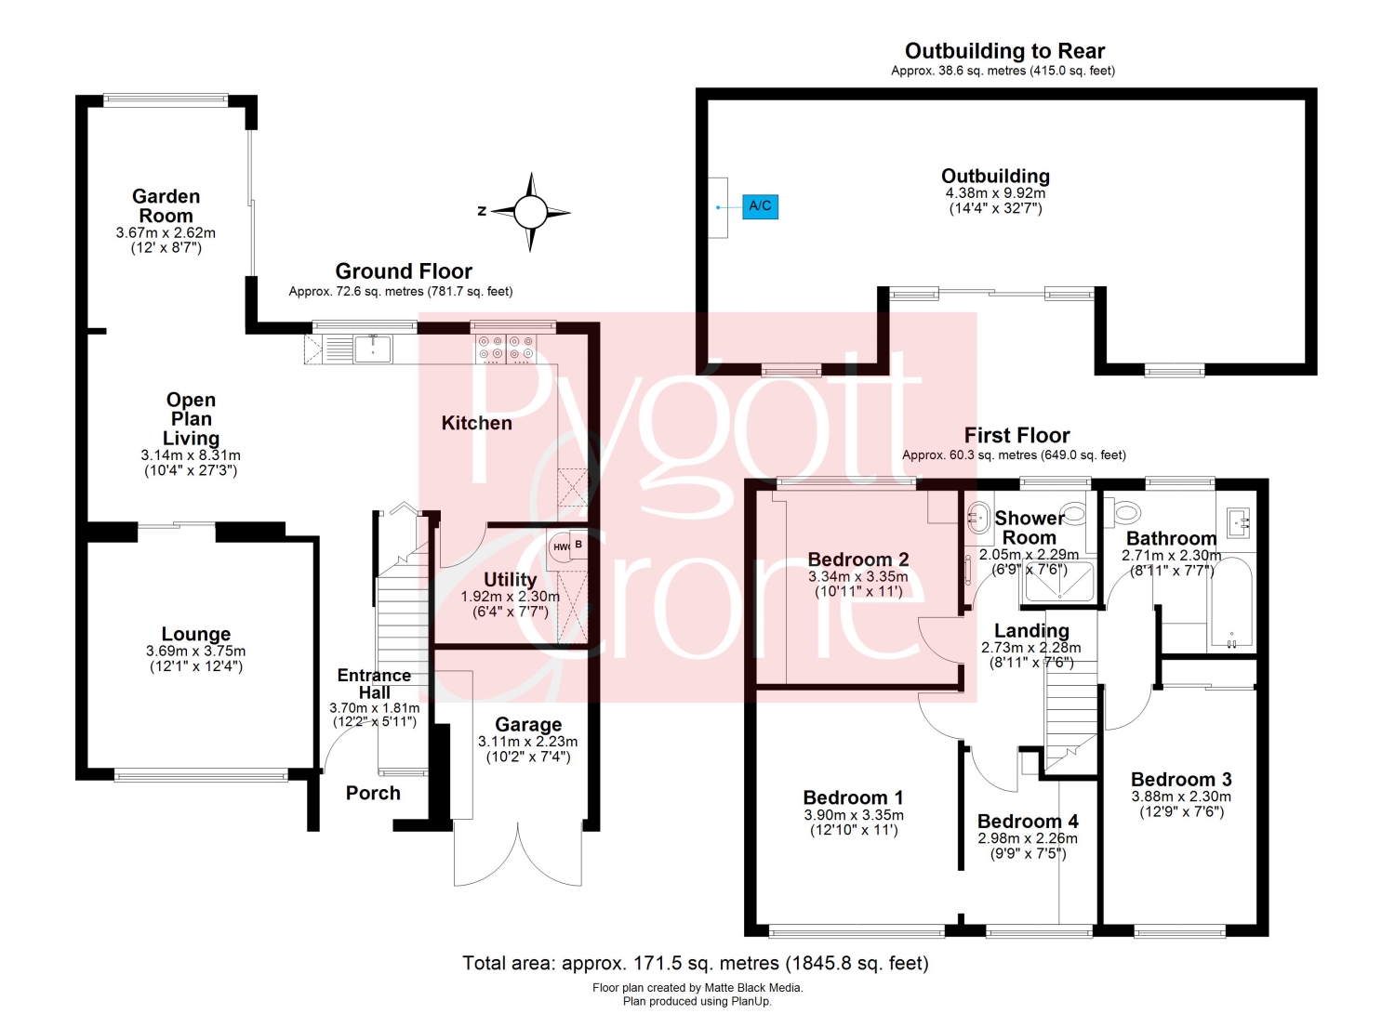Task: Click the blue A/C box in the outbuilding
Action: [x=760, y=206]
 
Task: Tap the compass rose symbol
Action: [x=530, y=212]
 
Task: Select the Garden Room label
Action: [x=166, y=206]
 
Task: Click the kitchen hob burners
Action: [x=505, y=349]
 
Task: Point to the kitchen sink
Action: [x=372, y=349]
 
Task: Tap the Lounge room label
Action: [x=196, y=634]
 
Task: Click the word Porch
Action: [x=373, y=793]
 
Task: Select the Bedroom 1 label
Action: [x=853, y=797]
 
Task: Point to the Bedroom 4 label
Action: [x=1028, y=821]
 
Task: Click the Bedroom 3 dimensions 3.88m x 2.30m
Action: [x=1181, y=797]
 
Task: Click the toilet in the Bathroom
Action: [x=1124, y=512]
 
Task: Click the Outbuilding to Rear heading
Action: [x=1004, y=50]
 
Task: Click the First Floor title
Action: [x=1016, y=434]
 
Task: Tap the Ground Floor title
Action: [x=404, y=270]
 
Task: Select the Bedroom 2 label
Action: [x=858, y=559]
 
